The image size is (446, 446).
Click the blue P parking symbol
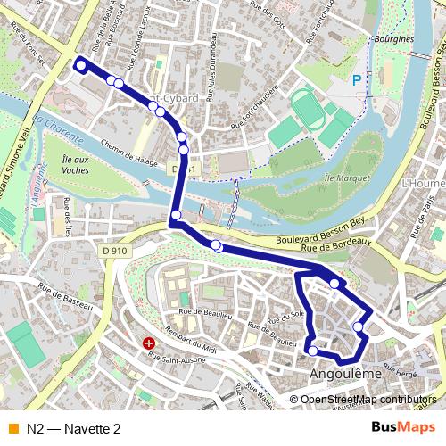[357, 81]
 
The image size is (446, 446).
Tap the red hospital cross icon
[149, 343]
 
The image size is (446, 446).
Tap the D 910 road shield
[115, 252]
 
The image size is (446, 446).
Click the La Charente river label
[57, 129]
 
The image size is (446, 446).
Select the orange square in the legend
[12, 429]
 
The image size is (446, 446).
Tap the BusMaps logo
[403, 428]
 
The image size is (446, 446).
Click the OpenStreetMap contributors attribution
[368, 400]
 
